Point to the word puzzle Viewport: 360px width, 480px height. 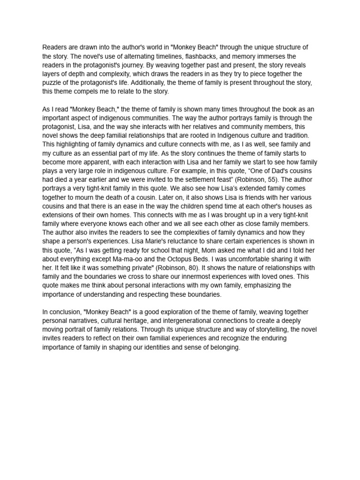pos(53,83)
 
